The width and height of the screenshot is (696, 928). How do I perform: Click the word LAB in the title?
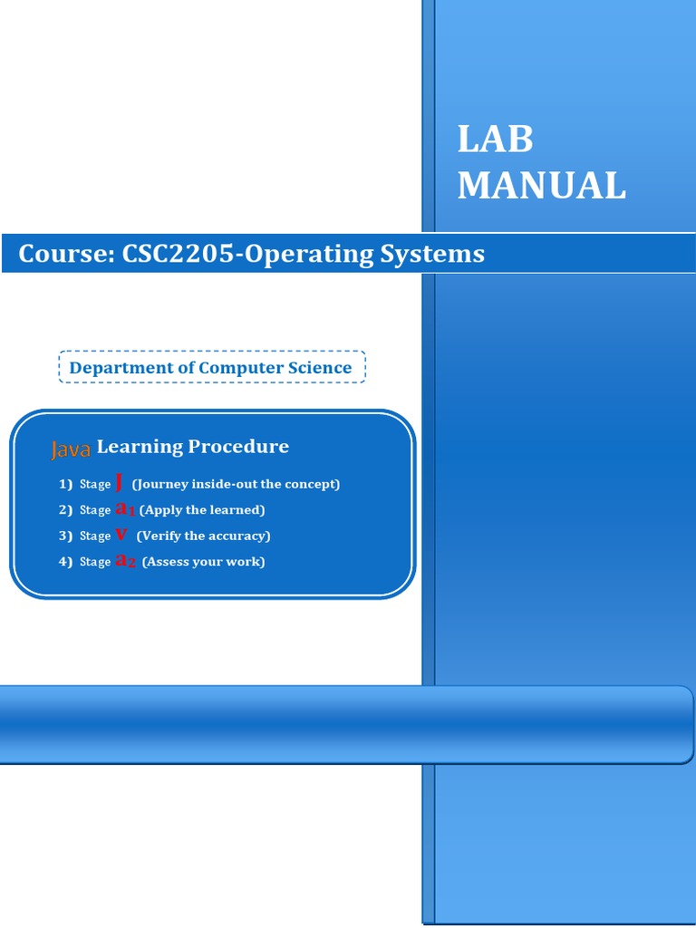coord(495,140)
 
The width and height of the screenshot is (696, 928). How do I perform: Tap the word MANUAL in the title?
coord(541,186)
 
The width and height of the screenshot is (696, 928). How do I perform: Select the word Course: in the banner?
coord(61,254)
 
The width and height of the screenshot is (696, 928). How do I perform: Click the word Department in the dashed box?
coord(122,368)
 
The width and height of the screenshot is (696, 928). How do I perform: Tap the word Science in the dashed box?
coord(318,368)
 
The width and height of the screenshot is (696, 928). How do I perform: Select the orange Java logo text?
coord(71,449)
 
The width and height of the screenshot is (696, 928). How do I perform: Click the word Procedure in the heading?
coord(238,446)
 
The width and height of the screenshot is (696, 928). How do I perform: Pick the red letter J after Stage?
coord(120,482)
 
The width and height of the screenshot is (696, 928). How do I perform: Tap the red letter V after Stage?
coord(121,535)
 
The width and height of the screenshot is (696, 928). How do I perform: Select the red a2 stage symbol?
coord(126,561)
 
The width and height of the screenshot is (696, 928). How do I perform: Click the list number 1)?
coord(65,484)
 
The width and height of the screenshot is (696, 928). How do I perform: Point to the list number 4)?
coord(65,562)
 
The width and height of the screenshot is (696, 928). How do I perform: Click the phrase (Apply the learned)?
coord(202,510)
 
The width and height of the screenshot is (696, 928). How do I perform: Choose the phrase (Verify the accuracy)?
coord(203,536)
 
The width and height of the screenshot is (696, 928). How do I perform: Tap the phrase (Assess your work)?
coord(203,562)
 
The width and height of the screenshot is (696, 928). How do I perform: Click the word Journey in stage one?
coord(162,484)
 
